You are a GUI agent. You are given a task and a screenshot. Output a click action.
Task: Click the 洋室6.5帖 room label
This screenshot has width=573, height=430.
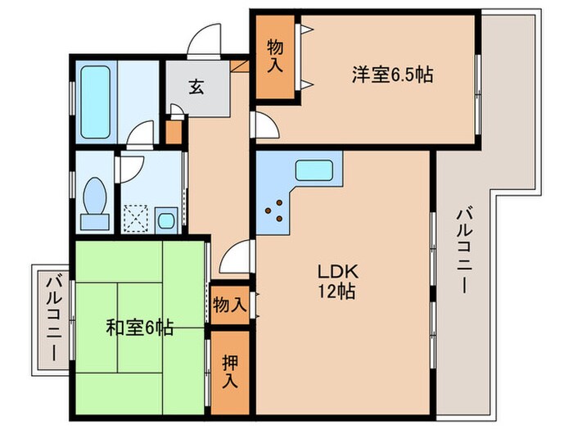(x=392, y=75)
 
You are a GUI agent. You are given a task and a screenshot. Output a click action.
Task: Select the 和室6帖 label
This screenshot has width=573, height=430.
(x=138, y=328)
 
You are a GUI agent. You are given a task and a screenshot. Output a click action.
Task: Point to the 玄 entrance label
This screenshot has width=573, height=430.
(x=198, y=84)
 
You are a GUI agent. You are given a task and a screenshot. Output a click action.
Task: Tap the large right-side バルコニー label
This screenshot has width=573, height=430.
(x=462, y=251)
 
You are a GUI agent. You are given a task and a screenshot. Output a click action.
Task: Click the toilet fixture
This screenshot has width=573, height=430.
(x=96, y=201)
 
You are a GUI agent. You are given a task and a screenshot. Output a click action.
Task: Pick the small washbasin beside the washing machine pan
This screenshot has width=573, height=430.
(x=166, y=220)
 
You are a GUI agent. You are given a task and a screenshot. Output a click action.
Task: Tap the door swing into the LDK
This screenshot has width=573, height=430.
(x=237, y=256)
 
